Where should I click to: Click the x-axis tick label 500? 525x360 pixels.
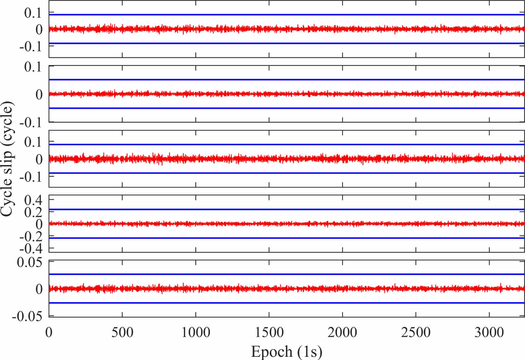pyautogui.click(x=122, y=333)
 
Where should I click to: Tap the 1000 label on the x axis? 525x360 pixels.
pyautogui.click(x=196, y=333)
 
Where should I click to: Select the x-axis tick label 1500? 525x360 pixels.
pyautogui.click(x=269, y=333)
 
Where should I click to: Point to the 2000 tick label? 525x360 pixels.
pyautogui.click(x=342, y=333)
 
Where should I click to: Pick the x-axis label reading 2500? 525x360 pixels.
pyautogui.click(x=416, y=333)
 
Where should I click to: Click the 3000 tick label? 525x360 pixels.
pyautogui.click(x=489, y=333)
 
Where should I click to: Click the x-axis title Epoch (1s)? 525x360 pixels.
pyautogui.click(x=286, y=352)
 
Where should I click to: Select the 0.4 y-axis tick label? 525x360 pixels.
pyautogui.click(x=33, y=200)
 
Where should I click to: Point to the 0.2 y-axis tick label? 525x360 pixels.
pyautogui.click(x=33, y=212)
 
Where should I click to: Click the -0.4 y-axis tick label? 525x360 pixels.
pyautogui.click(x=31, y=249)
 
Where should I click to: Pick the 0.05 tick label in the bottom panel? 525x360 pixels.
pyautogui.click(x=30, y=262)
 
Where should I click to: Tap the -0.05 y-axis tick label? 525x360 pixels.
pyautogui.click(x=27, y=316)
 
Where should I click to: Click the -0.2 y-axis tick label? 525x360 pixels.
pyautogui.click(x=31, y=236)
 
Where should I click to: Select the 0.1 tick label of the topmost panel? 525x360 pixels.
pyautogui.click(x=33, y=13)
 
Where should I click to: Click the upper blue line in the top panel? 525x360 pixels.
pyautogui.click(x=285, y=14)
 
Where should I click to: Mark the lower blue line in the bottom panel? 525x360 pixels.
pyautogui.click(x=285, y=303)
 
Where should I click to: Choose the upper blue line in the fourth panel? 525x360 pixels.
pyautogui.click(x=285, y=209)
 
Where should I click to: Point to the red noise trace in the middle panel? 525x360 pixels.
pyautogui.click(x=285, y=159)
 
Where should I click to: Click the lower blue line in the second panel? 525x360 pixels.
pyautogui.click(x=285, y=108)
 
